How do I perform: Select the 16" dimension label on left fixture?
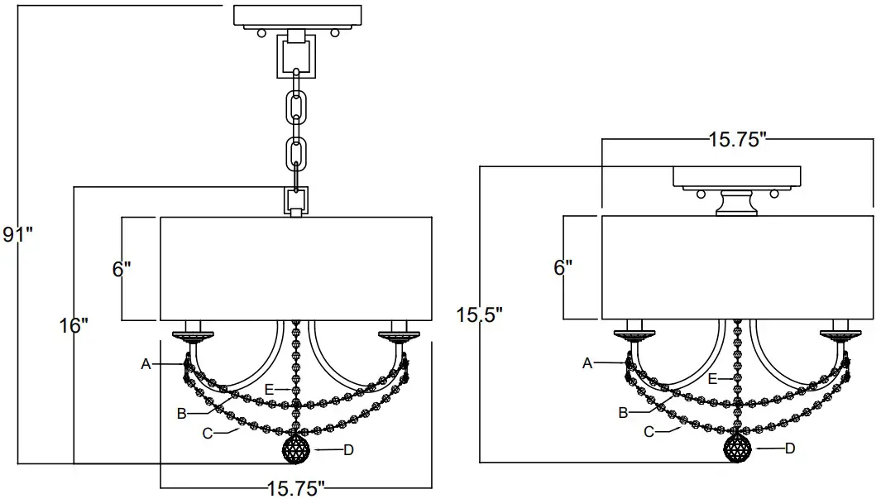pos(74,325)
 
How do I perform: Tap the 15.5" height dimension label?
pos(479,314)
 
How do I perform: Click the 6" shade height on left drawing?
pos(122,269)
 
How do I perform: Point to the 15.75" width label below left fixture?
pos(294,487)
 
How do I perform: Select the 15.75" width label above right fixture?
pos(737,140)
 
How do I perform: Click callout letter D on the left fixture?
pos(348,450)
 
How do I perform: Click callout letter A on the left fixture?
pos(146,363)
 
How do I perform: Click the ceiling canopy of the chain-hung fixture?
pos(298,16)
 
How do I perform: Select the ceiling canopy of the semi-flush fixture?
pos(737,176)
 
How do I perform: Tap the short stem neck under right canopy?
pos(737,203)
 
